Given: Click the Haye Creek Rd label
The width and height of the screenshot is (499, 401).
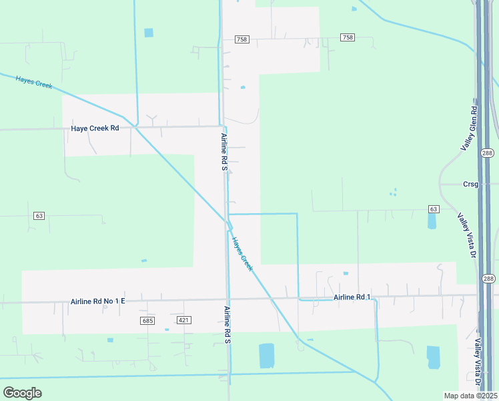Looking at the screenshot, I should [95, 128].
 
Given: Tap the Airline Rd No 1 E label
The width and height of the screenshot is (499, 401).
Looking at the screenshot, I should [97, 301].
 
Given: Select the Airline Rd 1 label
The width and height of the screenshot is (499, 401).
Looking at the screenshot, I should [352, 297].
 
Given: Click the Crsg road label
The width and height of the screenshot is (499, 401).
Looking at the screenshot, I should [471, 184].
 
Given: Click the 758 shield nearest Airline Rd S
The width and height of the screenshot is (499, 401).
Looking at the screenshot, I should [241, 40].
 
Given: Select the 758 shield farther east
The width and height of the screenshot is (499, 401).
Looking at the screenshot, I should [347, 37].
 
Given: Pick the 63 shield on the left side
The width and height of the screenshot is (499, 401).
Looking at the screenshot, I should [39, 216].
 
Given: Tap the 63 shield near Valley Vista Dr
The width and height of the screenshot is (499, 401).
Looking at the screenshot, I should [434, 209].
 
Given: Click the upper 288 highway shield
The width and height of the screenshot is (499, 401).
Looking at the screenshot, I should [488, 153].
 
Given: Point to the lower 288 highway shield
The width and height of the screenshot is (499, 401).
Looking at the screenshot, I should [488, 279].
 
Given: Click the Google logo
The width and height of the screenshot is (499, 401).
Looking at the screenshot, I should [22, 393].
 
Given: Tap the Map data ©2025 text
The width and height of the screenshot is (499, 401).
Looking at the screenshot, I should [470, 396].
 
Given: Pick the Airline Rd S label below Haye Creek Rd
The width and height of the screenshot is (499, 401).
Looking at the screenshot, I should [225, 152].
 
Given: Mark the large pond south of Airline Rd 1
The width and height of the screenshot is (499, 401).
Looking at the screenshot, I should [266, 356].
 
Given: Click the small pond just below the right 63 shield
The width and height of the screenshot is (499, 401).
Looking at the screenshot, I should [432, 221].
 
